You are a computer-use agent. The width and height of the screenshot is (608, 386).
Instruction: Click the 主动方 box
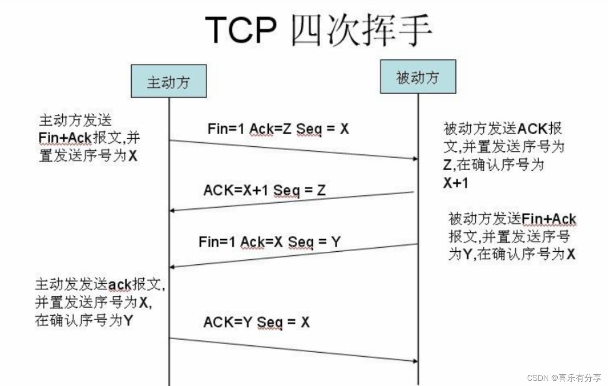[x=169, y=81]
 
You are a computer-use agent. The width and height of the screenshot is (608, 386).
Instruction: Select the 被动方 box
[x=418, y=77]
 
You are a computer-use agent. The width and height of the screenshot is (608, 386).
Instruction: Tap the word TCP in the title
[x=241, y=30]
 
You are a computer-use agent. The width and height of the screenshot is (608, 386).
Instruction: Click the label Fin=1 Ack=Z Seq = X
[x=278, y=129]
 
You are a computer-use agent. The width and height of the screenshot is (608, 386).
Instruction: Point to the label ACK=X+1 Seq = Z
[x=264, y=190]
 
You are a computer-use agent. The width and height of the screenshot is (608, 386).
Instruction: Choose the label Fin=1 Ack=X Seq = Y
[x=269, y=242]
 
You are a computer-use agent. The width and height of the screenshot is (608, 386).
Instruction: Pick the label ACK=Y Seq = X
[x=256, y=322]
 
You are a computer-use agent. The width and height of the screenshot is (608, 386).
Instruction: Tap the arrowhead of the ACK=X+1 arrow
[x=172, y=211]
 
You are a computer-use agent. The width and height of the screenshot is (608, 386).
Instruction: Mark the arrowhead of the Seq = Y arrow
[x=172, y=267]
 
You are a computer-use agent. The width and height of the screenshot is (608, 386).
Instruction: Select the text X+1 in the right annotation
[x=455, y=183]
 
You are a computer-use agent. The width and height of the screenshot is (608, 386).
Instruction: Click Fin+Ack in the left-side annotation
[x=65, y=138]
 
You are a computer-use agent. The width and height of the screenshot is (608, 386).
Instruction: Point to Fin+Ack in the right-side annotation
[x=549, y=219]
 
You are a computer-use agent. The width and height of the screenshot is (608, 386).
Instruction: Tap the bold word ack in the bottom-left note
[x=119, y=285]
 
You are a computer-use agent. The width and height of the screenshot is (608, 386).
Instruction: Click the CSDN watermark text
[x=563, y=378]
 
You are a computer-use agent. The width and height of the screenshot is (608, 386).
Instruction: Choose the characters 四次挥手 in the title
[x=361, y=30]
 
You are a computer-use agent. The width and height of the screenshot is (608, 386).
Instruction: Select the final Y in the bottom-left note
[x=128, y=321]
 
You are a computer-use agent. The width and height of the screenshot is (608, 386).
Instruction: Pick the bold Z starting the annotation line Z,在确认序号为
[x=448, y=165]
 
